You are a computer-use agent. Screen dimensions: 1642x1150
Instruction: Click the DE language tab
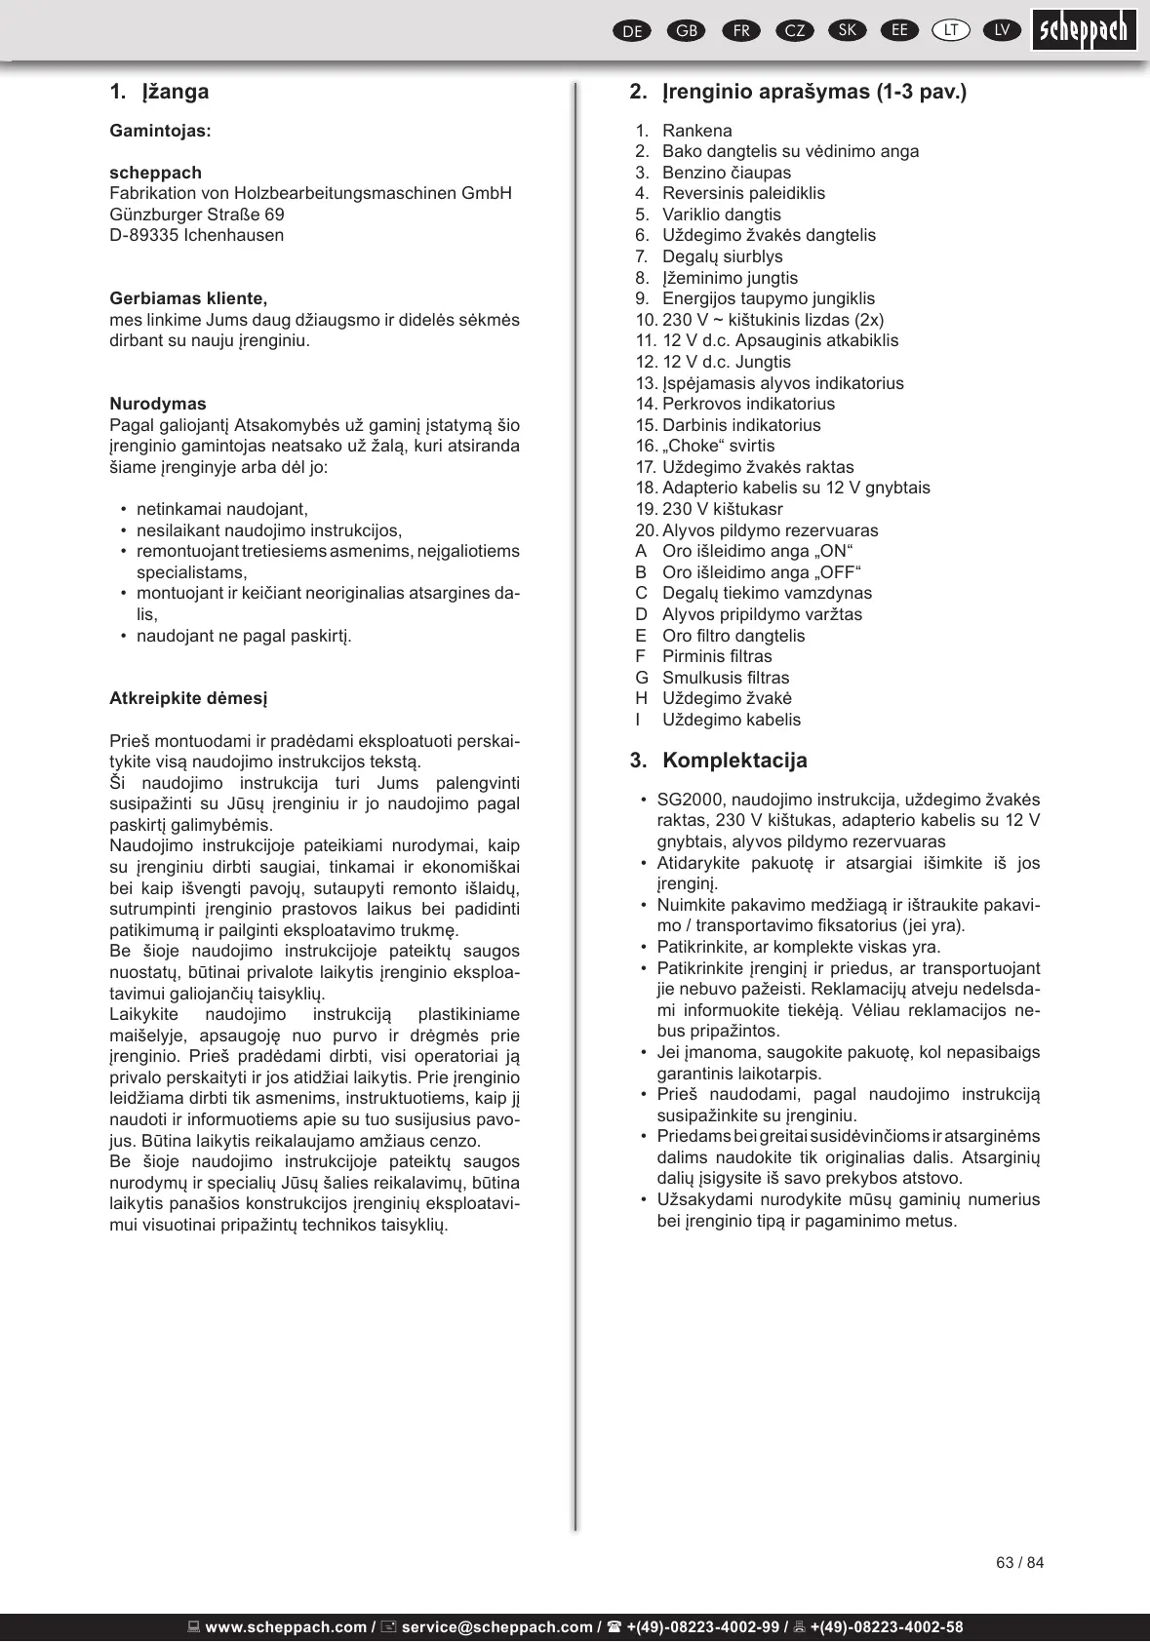(x=632, y=31)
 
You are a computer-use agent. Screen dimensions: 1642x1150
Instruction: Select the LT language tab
(x=951, y=30)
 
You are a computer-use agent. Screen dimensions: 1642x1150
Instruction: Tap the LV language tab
(x=1002, y=30)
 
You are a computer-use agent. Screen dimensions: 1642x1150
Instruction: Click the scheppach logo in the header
(x=1084, y=29)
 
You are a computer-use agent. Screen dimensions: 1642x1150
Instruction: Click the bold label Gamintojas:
(x=160, y=131)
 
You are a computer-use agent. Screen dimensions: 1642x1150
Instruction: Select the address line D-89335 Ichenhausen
(x=196, y=235)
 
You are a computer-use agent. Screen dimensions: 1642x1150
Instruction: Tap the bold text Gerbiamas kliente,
(x=188, y=298)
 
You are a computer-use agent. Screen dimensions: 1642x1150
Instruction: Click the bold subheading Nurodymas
(x=158, y=404)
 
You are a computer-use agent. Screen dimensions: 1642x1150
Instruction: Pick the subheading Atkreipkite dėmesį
(x=188, y=698)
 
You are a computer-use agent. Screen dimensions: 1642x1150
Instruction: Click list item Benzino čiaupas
(x=727, y=173)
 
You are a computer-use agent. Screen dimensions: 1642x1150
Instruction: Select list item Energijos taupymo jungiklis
(x=769, y=298)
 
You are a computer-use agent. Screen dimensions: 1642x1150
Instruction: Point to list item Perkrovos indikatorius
(x=748, y=404)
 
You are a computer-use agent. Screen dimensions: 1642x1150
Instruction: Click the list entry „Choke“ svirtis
(x=719, y=446)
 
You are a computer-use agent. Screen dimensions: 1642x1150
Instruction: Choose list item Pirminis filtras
(x=717, y=656)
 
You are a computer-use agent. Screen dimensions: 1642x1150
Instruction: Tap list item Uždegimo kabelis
(x=732, y=720)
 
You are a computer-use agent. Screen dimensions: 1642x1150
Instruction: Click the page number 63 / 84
(x=1019, y=1563)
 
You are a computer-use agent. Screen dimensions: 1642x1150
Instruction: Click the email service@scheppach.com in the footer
(x=496, y=1626)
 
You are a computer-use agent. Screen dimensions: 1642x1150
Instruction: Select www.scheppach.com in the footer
(x=286, y=1626)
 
